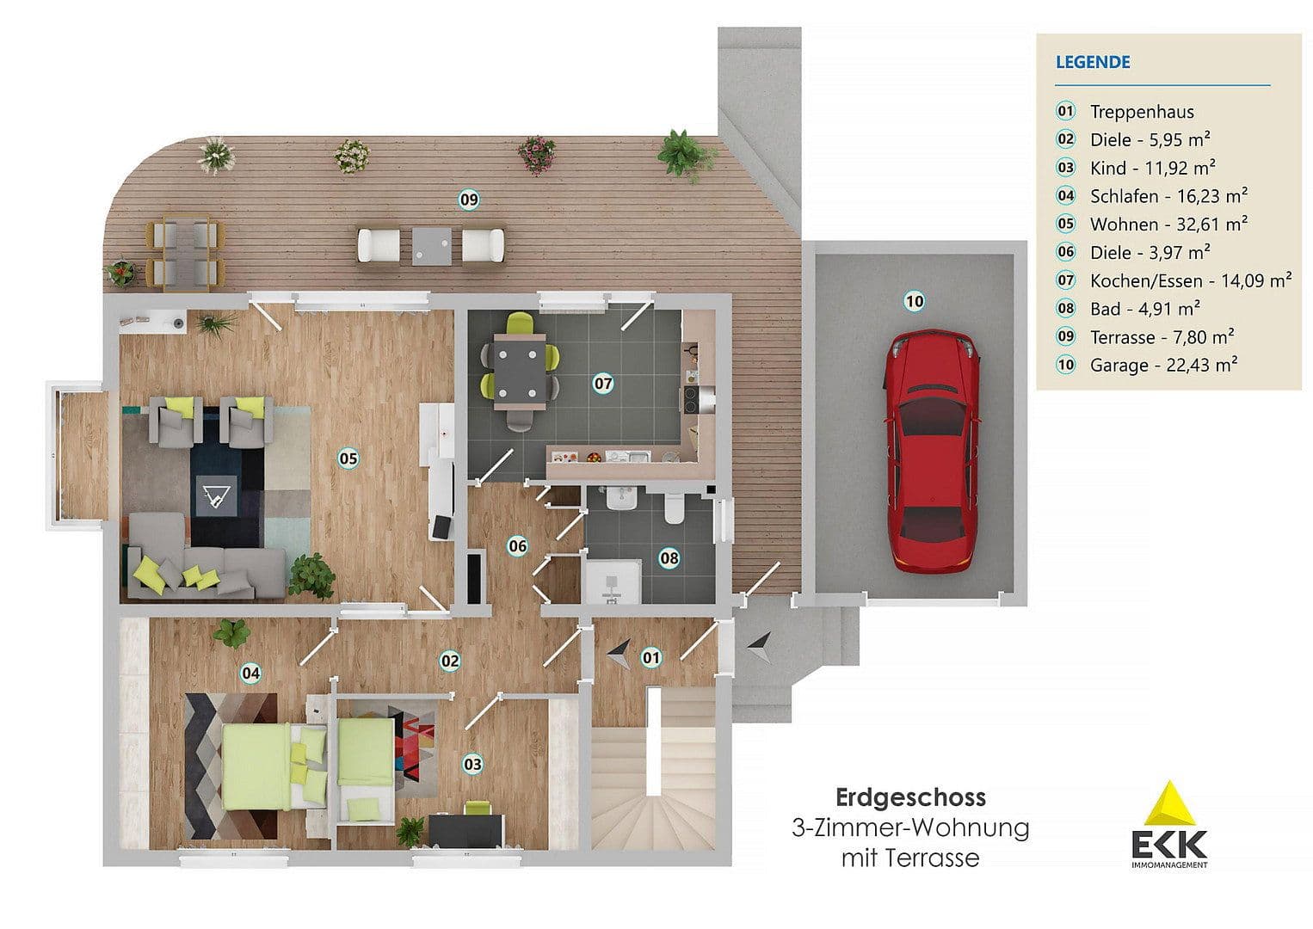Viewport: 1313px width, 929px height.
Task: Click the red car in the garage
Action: (x=933, y=452)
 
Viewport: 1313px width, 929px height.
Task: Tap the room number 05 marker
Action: (x=348, y=458)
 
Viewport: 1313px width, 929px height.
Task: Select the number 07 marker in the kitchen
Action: (x=603, y=384)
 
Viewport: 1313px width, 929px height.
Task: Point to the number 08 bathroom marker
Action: (x=669, y=558)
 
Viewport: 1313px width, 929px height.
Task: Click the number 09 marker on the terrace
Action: (x=468, y=200)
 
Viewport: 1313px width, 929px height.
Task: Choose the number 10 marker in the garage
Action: (x=914, y=301)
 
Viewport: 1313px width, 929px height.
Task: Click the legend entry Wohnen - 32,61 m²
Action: (x=1168, y=224)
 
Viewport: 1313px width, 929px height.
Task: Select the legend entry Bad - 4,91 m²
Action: (x=1144, y=308)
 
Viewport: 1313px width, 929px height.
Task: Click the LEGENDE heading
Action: (x=1093, y=62)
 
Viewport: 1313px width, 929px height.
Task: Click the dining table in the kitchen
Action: (x=519, y=372)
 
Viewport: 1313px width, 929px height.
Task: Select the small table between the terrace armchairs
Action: (x=430, y=244)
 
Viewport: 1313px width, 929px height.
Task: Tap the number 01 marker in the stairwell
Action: (x=651, y=658)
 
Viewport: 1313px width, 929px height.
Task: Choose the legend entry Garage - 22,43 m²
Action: (x=1162, y=365)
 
